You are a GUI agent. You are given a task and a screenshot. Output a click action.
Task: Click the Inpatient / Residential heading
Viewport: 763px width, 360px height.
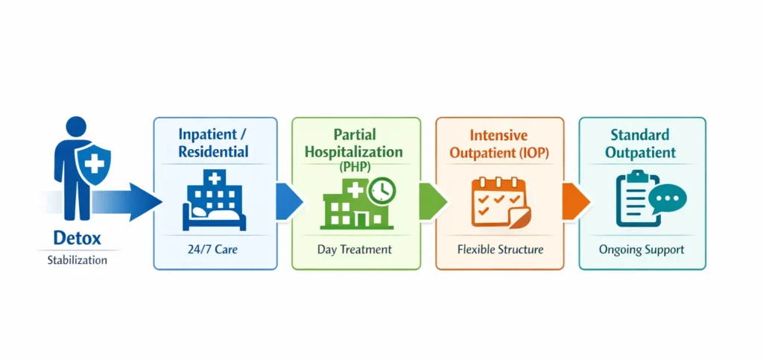[x=214, y=143]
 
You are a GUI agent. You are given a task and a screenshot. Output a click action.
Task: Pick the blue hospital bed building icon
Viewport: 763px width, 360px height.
[x=214, y=200]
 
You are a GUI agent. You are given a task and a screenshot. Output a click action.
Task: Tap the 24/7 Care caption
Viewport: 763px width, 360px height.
[x=214, y=249]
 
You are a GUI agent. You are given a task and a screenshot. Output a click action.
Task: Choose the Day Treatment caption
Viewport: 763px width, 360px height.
[x=355, y=249]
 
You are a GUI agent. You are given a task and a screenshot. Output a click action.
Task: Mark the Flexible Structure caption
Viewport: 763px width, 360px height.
[x=500, y=249]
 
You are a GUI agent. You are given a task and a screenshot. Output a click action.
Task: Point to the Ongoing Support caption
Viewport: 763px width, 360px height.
[x=642, y=249]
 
